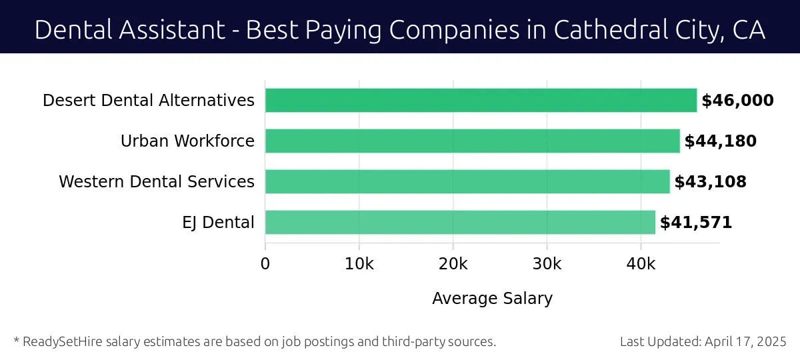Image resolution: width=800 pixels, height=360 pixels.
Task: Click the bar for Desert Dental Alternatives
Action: pyautogui.click(x=481, y=101)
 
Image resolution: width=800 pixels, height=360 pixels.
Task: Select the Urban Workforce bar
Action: pyautogui.click(x=472, y=141)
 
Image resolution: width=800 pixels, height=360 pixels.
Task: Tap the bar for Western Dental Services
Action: pyautogui.click(x=467, y=181)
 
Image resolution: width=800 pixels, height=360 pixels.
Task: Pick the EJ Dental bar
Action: pyautogui.click(x=460, y=222)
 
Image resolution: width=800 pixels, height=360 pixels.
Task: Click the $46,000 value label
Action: pyautogui.click(x=737, y=101)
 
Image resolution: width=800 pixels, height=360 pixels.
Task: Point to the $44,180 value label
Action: pyautogui.click(x=720, y=141)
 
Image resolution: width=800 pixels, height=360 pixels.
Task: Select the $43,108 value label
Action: pyautogui.click(x=710, y=182)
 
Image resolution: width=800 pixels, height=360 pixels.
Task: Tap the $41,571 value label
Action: pyautogui.click(x=696, y=223)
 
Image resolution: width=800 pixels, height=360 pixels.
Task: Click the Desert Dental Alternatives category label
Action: pyautogui.click(x=149, y=101)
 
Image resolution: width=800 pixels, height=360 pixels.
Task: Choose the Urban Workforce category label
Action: pyautogui.click(x=187, y=141)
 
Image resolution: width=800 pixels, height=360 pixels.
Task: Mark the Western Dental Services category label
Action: pyautogui.click(x=157, y=182)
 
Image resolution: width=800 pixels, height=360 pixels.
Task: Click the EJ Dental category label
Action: pyautogui.click(x=219, y=223)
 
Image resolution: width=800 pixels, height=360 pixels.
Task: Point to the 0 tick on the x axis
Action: pyautogui.click(x=265, y=264)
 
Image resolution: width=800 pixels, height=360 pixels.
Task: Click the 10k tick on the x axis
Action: pyautogui.click(x=359, y=264)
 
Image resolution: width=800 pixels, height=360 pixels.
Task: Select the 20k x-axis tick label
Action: pyautogui.click(x=453, y=264)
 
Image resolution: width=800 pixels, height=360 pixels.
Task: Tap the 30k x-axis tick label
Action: pyautogui.click(x=547, y=264)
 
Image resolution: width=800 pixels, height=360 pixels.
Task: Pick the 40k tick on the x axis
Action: pyautogui.click(x=641, y=264)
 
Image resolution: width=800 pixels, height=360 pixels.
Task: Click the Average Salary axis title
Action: pyautogui.click(x=492, y=298)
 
